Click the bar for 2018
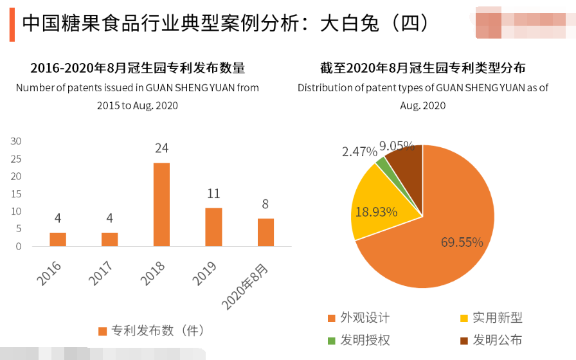(161, 204)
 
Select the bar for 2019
(213, 227)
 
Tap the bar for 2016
(58, 239)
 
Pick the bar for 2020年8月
(265, 232)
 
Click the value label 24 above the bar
(161, 148)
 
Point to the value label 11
(213, 194)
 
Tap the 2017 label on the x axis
(100, 273)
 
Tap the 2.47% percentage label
(359, 152)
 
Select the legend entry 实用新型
(497, 318)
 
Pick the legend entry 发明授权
(364, 340)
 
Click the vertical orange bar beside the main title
(12, 25)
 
